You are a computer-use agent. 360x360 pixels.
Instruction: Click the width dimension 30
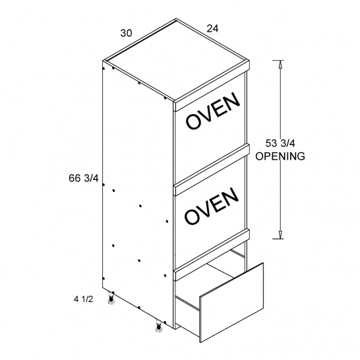tap(127, 33)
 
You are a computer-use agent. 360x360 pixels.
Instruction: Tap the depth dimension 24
tap(212, 28)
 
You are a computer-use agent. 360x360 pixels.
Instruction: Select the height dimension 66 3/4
tap(84, 178)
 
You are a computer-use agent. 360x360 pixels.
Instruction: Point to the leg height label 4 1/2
tap(83, 299)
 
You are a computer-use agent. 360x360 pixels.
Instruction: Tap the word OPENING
tap(280, 156)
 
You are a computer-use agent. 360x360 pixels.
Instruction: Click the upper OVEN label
tap(213, 110)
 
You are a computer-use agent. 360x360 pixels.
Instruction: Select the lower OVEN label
tap(211, 206)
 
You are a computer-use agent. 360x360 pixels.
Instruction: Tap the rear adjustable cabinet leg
tap(111, 299)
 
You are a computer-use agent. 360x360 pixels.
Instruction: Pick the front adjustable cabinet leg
tap(158, 326)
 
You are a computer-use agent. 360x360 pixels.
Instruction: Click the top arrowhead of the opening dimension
tap(280, 65)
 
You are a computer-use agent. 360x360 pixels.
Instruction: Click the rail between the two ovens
tap(212, 166)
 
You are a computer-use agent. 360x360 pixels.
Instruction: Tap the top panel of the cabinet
tap(176, 60)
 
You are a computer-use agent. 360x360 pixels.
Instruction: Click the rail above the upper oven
tap(212, 86)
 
